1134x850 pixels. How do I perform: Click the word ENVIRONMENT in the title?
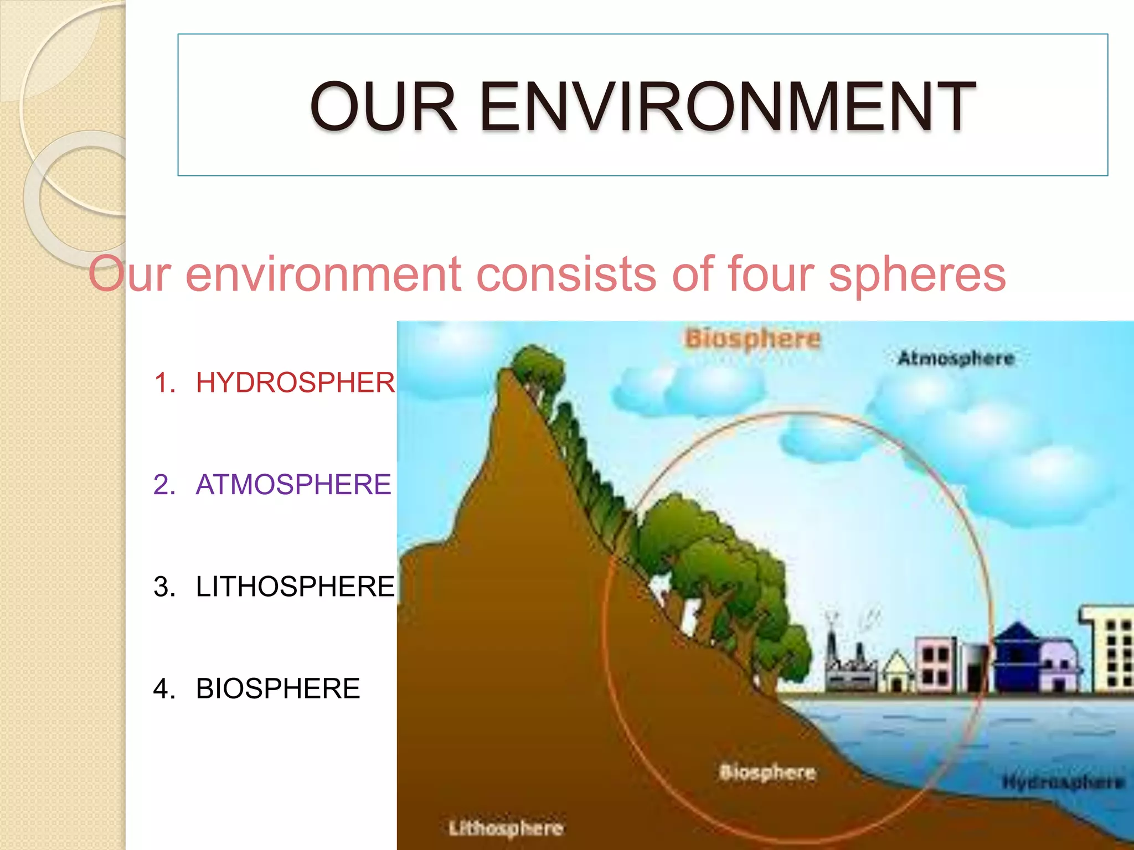pyautogui.click(x=726, y=106)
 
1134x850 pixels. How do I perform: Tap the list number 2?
pyautogui.click(x=164, y=484)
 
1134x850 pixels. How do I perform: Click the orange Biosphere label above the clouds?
pyautogui.click(x=752, y=338)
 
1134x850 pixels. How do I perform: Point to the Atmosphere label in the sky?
pyautogui.click(x=956, y=358)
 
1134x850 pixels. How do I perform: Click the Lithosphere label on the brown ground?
pyautogui.click(x=506, y=828)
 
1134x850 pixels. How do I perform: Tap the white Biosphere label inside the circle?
pyautogui.click(x=767, y=772)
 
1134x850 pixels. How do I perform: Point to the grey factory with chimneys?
pyautogui.click(x=850, y=667)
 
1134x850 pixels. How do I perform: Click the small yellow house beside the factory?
pyautogui.click(x=898, y=672)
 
